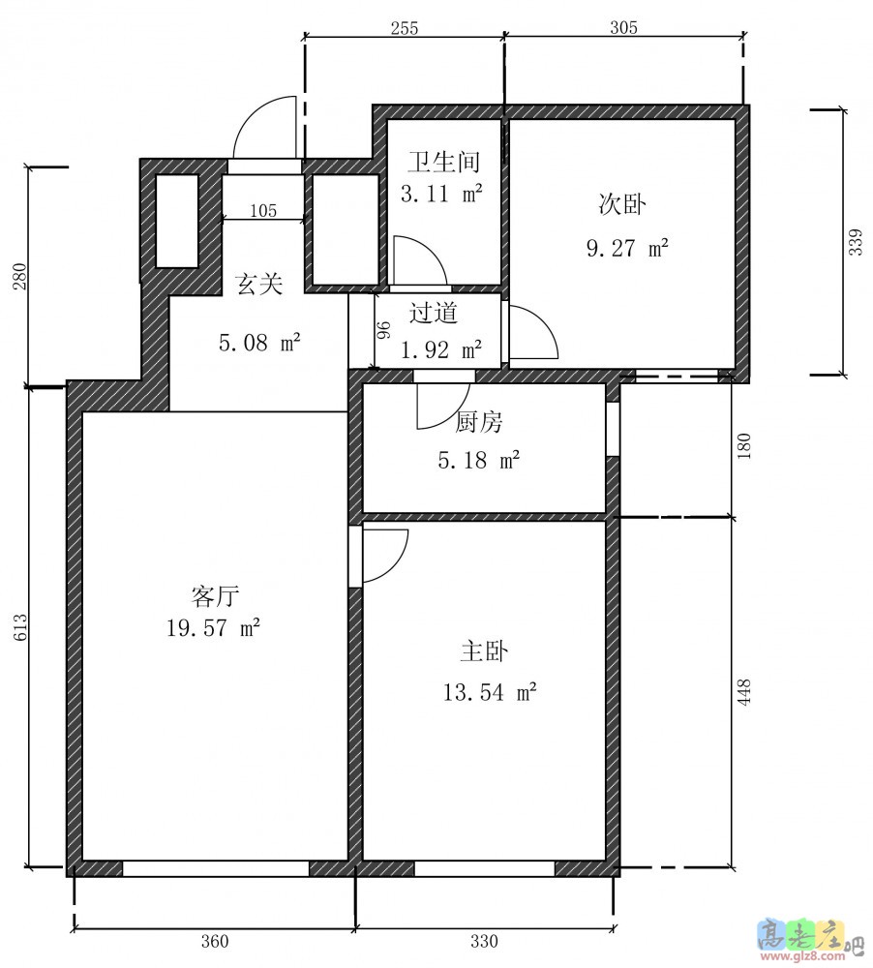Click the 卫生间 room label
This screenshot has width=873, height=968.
click(443, 162)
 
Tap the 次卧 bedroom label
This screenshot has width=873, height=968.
click(621, 204)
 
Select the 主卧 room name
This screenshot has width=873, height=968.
click(485, 651)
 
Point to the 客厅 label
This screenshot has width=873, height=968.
click(215, 596)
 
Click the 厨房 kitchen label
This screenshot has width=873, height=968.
click(479, 423)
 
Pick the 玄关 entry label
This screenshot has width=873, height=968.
click(258, 284)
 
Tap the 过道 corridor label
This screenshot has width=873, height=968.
click(434, 313)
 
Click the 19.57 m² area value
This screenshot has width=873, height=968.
click(213, 628)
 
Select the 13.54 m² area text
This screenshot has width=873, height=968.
click(490, 692)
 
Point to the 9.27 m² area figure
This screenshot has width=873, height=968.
click(627, 248)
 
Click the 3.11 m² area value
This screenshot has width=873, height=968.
click(441, 194)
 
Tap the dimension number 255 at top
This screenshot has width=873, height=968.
click(405, 28)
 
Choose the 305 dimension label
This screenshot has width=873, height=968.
click(623, 28)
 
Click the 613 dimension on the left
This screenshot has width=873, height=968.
click(20, 627)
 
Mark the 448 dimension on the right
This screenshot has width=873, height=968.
click(744, 692)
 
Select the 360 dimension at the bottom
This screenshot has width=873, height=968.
click(215, 942)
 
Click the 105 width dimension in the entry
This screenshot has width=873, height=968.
click(263, 211)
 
